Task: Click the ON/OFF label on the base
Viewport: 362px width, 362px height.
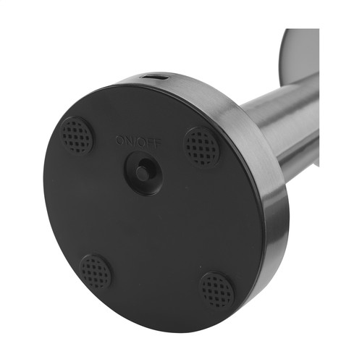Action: (137, 140)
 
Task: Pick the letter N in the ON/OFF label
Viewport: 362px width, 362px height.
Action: (128, 140)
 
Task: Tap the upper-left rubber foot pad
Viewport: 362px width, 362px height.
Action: (76, 135)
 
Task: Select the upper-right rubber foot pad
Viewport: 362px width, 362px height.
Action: (201, 146)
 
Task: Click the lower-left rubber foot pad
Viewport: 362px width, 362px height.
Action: (96, 271)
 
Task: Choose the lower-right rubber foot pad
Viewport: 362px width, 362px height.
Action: (217, 290)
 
